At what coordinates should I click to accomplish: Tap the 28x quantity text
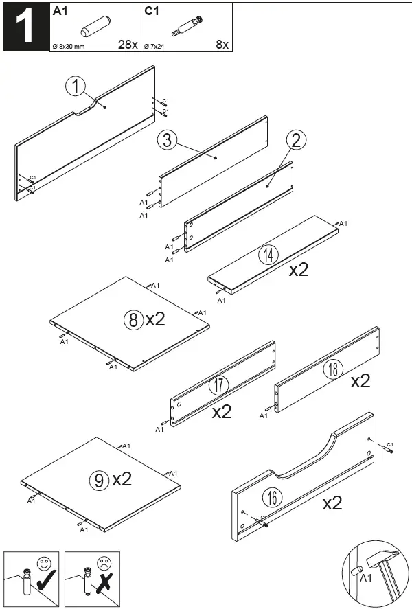[x=127, y=45]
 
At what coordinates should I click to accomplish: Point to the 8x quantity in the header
[x=222, y=45]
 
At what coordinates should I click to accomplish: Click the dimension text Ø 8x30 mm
[x=69, y=46]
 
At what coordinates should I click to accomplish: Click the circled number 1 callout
[x=76, y=87]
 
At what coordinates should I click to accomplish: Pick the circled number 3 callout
[x=167, y=141]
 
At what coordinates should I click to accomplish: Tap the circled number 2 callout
[x=295, y=141]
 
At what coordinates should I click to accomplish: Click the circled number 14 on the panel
[x=268, y=255]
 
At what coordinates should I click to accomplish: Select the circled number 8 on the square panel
[x=133, y=319]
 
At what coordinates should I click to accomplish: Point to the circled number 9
[x=99, y=480]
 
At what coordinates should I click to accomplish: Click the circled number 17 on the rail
[x=218, y=385]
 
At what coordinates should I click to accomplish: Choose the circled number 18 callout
[x=333, y=370]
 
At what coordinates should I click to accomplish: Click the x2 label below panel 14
[x=299, y=270]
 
